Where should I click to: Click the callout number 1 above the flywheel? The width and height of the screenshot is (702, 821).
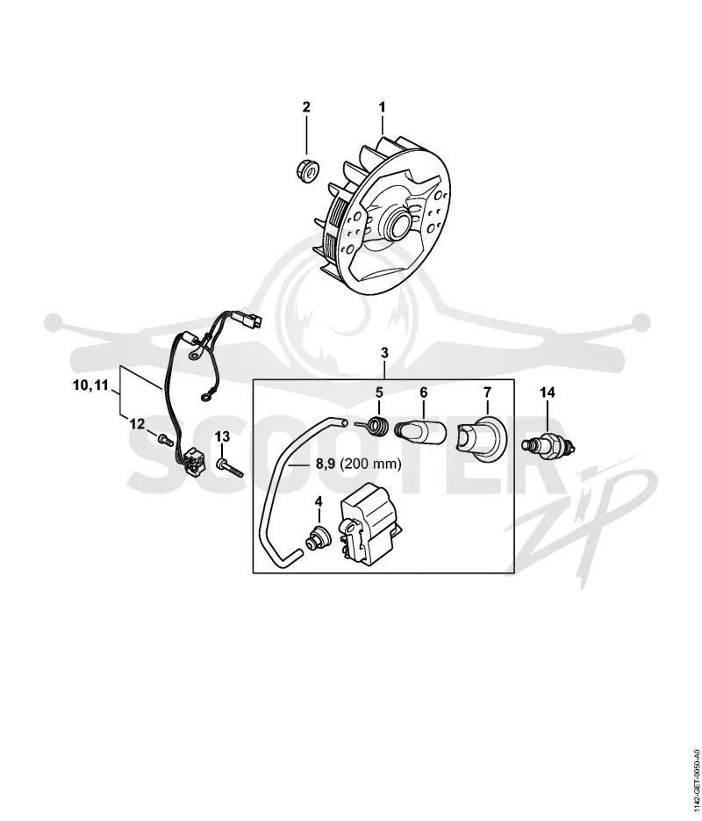click(382, 107)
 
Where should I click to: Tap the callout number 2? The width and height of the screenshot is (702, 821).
click(306, 107)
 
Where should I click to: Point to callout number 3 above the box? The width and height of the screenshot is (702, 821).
click(384, 353)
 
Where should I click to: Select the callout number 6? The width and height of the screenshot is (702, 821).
click(424, 392)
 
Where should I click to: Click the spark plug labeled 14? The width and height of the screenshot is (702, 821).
click(549, 445)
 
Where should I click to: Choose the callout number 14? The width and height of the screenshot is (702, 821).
click(548, 392)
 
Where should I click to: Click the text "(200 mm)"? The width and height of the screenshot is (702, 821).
click(370, 464)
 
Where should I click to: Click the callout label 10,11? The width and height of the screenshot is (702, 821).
click(90, 385)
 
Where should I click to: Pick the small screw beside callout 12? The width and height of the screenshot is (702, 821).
click(165, 440)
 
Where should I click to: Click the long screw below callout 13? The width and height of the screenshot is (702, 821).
click(230, 466)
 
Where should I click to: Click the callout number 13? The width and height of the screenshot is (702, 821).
click(222, 436)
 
